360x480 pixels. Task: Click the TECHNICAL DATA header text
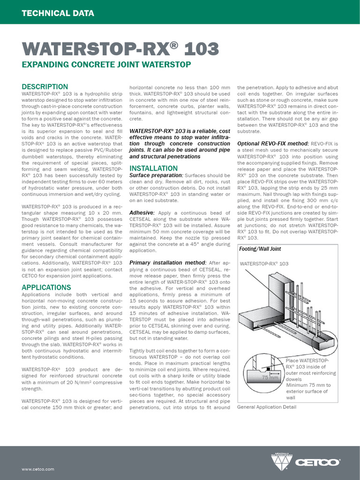tap(58, 13)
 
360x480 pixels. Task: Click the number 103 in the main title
tap(201, 48)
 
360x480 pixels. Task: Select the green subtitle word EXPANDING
tap(45, 64)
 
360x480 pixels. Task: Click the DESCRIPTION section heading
tap(45, 87)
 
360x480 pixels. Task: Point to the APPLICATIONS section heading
tap(46, 287)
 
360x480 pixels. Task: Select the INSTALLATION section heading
tap(153, 168)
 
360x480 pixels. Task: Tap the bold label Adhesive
tap(142, 213)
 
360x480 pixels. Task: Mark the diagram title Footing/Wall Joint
tap(260, 249)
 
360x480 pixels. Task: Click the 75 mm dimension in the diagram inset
tap(270, 377)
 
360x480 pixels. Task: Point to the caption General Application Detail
tap(267, 407)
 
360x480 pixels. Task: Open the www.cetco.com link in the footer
tap(38, 469)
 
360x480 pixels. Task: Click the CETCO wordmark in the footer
tap(317, 462)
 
